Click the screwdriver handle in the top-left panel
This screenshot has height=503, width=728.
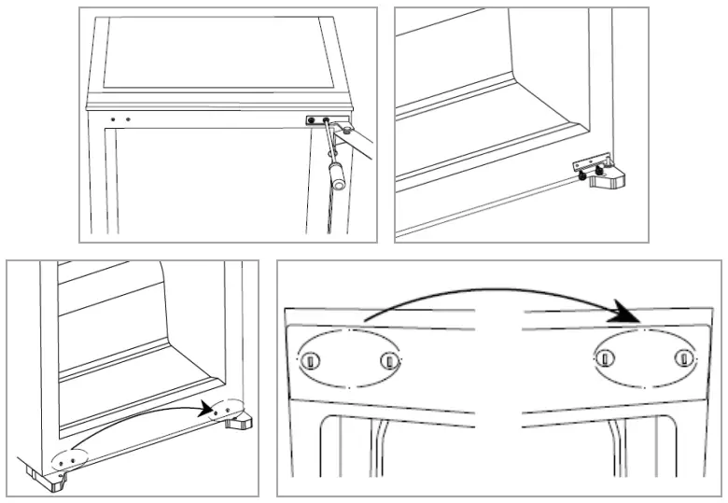(x=336, y=175)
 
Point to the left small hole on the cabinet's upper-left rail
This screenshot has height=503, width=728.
(x=113, y=119)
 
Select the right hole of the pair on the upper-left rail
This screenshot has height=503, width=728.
(x=128, y=119)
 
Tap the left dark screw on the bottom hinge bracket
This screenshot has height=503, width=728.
(x=582, y=175)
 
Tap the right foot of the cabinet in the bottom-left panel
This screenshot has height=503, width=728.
(x=236, y=422)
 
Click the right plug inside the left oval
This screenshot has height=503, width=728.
(x=387, y=360)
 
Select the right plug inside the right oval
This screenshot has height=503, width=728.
(x=684, y=357)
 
